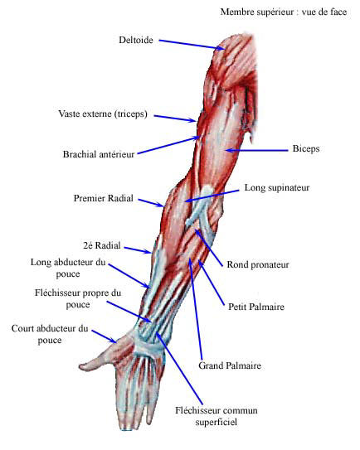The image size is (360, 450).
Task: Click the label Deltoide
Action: pos(136,40)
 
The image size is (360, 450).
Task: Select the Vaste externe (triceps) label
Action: pos(103,114)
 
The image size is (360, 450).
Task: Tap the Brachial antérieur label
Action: pos(99,154)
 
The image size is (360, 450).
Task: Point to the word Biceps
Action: pos(306,148)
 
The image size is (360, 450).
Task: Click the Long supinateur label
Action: pos(277,187)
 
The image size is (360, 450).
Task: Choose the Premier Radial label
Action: pos(104,198)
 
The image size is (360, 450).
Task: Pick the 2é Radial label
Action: pos(102,245)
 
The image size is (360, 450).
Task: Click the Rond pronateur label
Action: pos(258,264)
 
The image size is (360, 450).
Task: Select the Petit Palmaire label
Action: pos(256,307)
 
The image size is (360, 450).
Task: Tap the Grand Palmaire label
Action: pos(230,365)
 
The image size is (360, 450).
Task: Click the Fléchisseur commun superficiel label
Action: pos(216,416)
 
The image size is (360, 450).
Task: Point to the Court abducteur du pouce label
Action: pos(50,334)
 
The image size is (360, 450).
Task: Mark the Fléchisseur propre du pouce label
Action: pos(78,298)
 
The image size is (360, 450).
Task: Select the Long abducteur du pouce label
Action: pos(68,268)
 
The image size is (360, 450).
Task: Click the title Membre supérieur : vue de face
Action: pos(284,12)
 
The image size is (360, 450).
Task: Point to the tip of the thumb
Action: pos(80,366)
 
